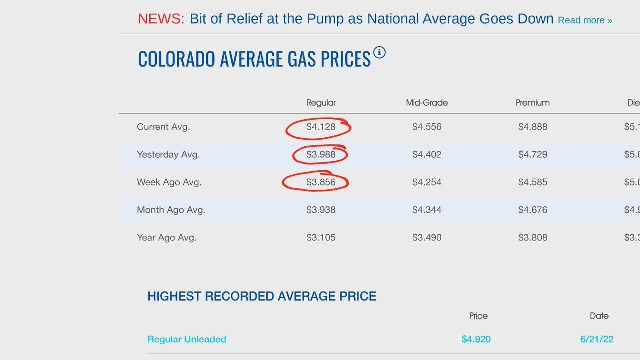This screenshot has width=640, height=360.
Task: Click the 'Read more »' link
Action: [585, 20]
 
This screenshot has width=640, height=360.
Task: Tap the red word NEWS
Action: [161, 19]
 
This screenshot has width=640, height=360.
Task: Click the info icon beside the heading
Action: [379, 52]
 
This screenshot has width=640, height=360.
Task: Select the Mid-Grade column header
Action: [427, 103]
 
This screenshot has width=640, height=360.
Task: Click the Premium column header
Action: [532, 103]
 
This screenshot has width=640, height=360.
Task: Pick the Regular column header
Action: [321, 103]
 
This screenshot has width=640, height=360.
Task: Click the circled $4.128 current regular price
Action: [321, 127]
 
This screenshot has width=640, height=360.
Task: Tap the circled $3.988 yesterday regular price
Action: [321, 155]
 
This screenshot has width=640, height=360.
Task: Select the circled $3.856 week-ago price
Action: [321, 182]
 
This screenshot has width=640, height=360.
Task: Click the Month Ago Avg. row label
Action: [171, 210]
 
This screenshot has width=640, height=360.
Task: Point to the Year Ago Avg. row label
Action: [166, 238]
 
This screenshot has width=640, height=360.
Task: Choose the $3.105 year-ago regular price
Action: [321, 238]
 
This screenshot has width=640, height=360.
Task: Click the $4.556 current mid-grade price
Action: [427, 127]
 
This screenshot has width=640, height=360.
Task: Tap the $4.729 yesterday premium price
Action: [532, 155]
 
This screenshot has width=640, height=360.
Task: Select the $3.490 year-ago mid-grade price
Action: [427, 238]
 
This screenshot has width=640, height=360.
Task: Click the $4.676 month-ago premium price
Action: [532, 210]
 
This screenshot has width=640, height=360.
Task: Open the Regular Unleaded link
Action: [187, 339]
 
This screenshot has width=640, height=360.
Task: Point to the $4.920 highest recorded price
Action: [476, 339]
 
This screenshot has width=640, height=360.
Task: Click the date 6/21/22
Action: [597, 339]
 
